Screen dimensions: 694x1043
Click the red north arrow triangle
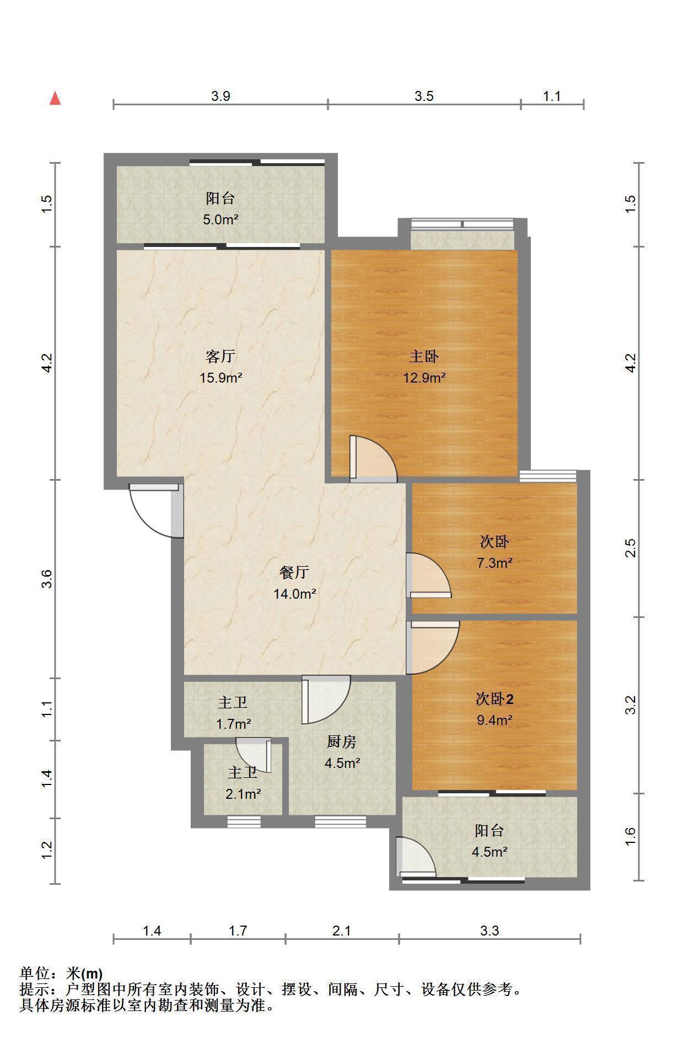[x=55, y=98]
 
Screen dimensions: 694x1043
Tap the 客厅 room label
[x=220, y=357]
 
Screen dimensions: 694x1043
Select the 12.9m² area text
[x=424, y=378]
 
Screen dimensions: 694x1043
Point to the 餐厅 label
[x=294, y=573]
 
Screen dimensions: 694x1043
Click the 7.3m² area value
[x=494, y=563]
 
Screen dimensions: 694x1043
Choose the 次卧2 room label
[x=494, y=699]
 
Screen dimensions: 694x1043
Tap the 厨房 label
[x=342, y=742]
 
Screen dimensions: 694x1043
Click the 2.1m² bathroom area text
[x=243, y=794]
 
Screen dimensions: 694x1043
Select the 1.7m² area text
[x=234, y=723]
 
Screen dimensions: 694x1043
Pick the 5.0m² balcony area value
[x=220, y=219]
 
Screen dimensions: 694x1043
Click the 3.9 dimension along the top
[x=220, y=96]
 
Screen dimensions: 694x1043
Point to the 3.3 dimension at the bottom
[x=489, y=931]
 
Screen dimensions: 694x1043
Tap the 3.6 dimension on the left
[x=47, y=579]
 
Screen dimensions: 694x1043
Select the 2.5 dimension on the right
[x=631, y=548]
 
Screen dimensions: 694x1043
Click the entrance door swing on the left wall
[x=156, y=510]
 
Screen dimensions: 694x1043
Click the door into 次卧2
[x=433, y=648]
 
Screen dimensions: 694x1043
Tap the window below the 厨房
[x=340, y=822]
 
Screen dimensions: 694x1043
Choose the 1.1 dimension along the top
[x=552, y=96]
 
